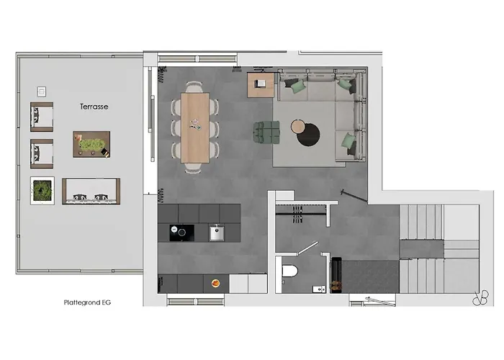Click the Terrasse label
(x=94, y=107)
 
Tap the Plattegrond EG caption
(x=87, y=302)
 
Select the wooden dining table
(x=195, y=128)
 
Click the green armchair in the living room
(x=266, y=132)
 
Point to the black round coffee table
(x=309, y=135)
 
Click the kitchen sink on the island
(x=217, y=233)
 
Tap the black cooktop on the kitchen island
(x=181, y=233)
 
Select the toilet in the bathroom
(x=289, y=271)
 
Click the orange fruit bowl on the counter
(x=216, y=283)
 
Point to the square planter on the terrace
(x=42, y=191)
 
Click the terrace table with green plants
(x=91, y=144)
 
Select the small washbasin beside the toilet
(x=319, y=289)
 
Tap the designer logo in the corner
(x=480, y=298)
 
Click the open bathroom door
(x=307, y=248)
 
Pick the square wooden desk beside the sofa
(x=261, y=85)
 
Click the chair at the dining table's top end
(x=194, y=87)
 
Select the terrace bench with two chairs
(x=91, y=192)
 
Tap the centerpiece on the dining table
(x=195, y=125)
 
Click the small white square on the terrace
(x=42, y=91)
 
